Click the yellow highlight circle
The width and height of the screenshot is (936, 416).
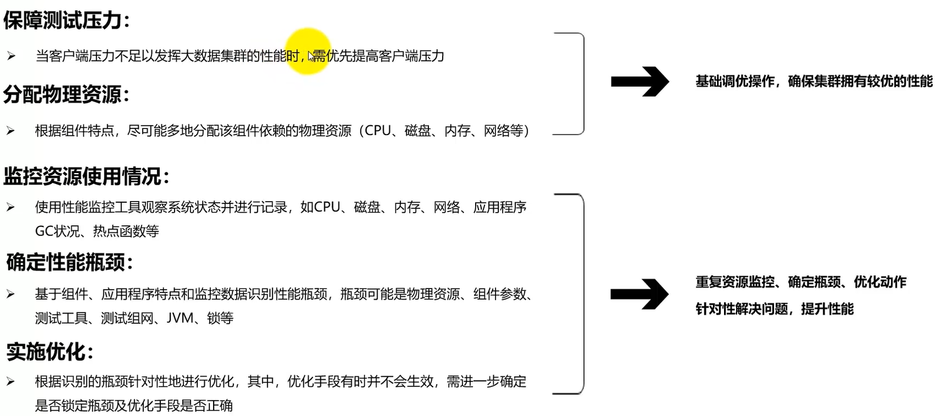[308, 51]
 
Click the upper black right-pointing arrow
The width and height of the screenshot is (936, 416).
[639, 82]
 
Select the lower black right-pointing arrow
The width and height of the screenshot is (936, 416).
[639, 294]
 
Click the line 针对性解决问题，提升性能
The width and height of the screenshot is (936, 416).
[775, 309]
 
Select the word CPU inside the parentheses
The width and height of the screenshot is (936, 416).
[378, 131]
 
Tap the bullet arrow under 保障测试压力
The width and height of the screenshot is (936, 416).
[11, 56]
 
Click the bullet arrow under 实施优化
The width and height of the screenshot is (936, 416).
[11, 381]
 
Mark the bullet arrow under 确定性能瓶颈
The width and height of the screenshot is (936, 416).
[11, 294]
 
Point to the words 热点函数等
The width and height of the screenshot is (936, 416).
[126, 231]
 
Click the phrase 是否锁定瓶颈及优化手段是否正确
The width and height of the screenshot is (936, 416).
[134, 406]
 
